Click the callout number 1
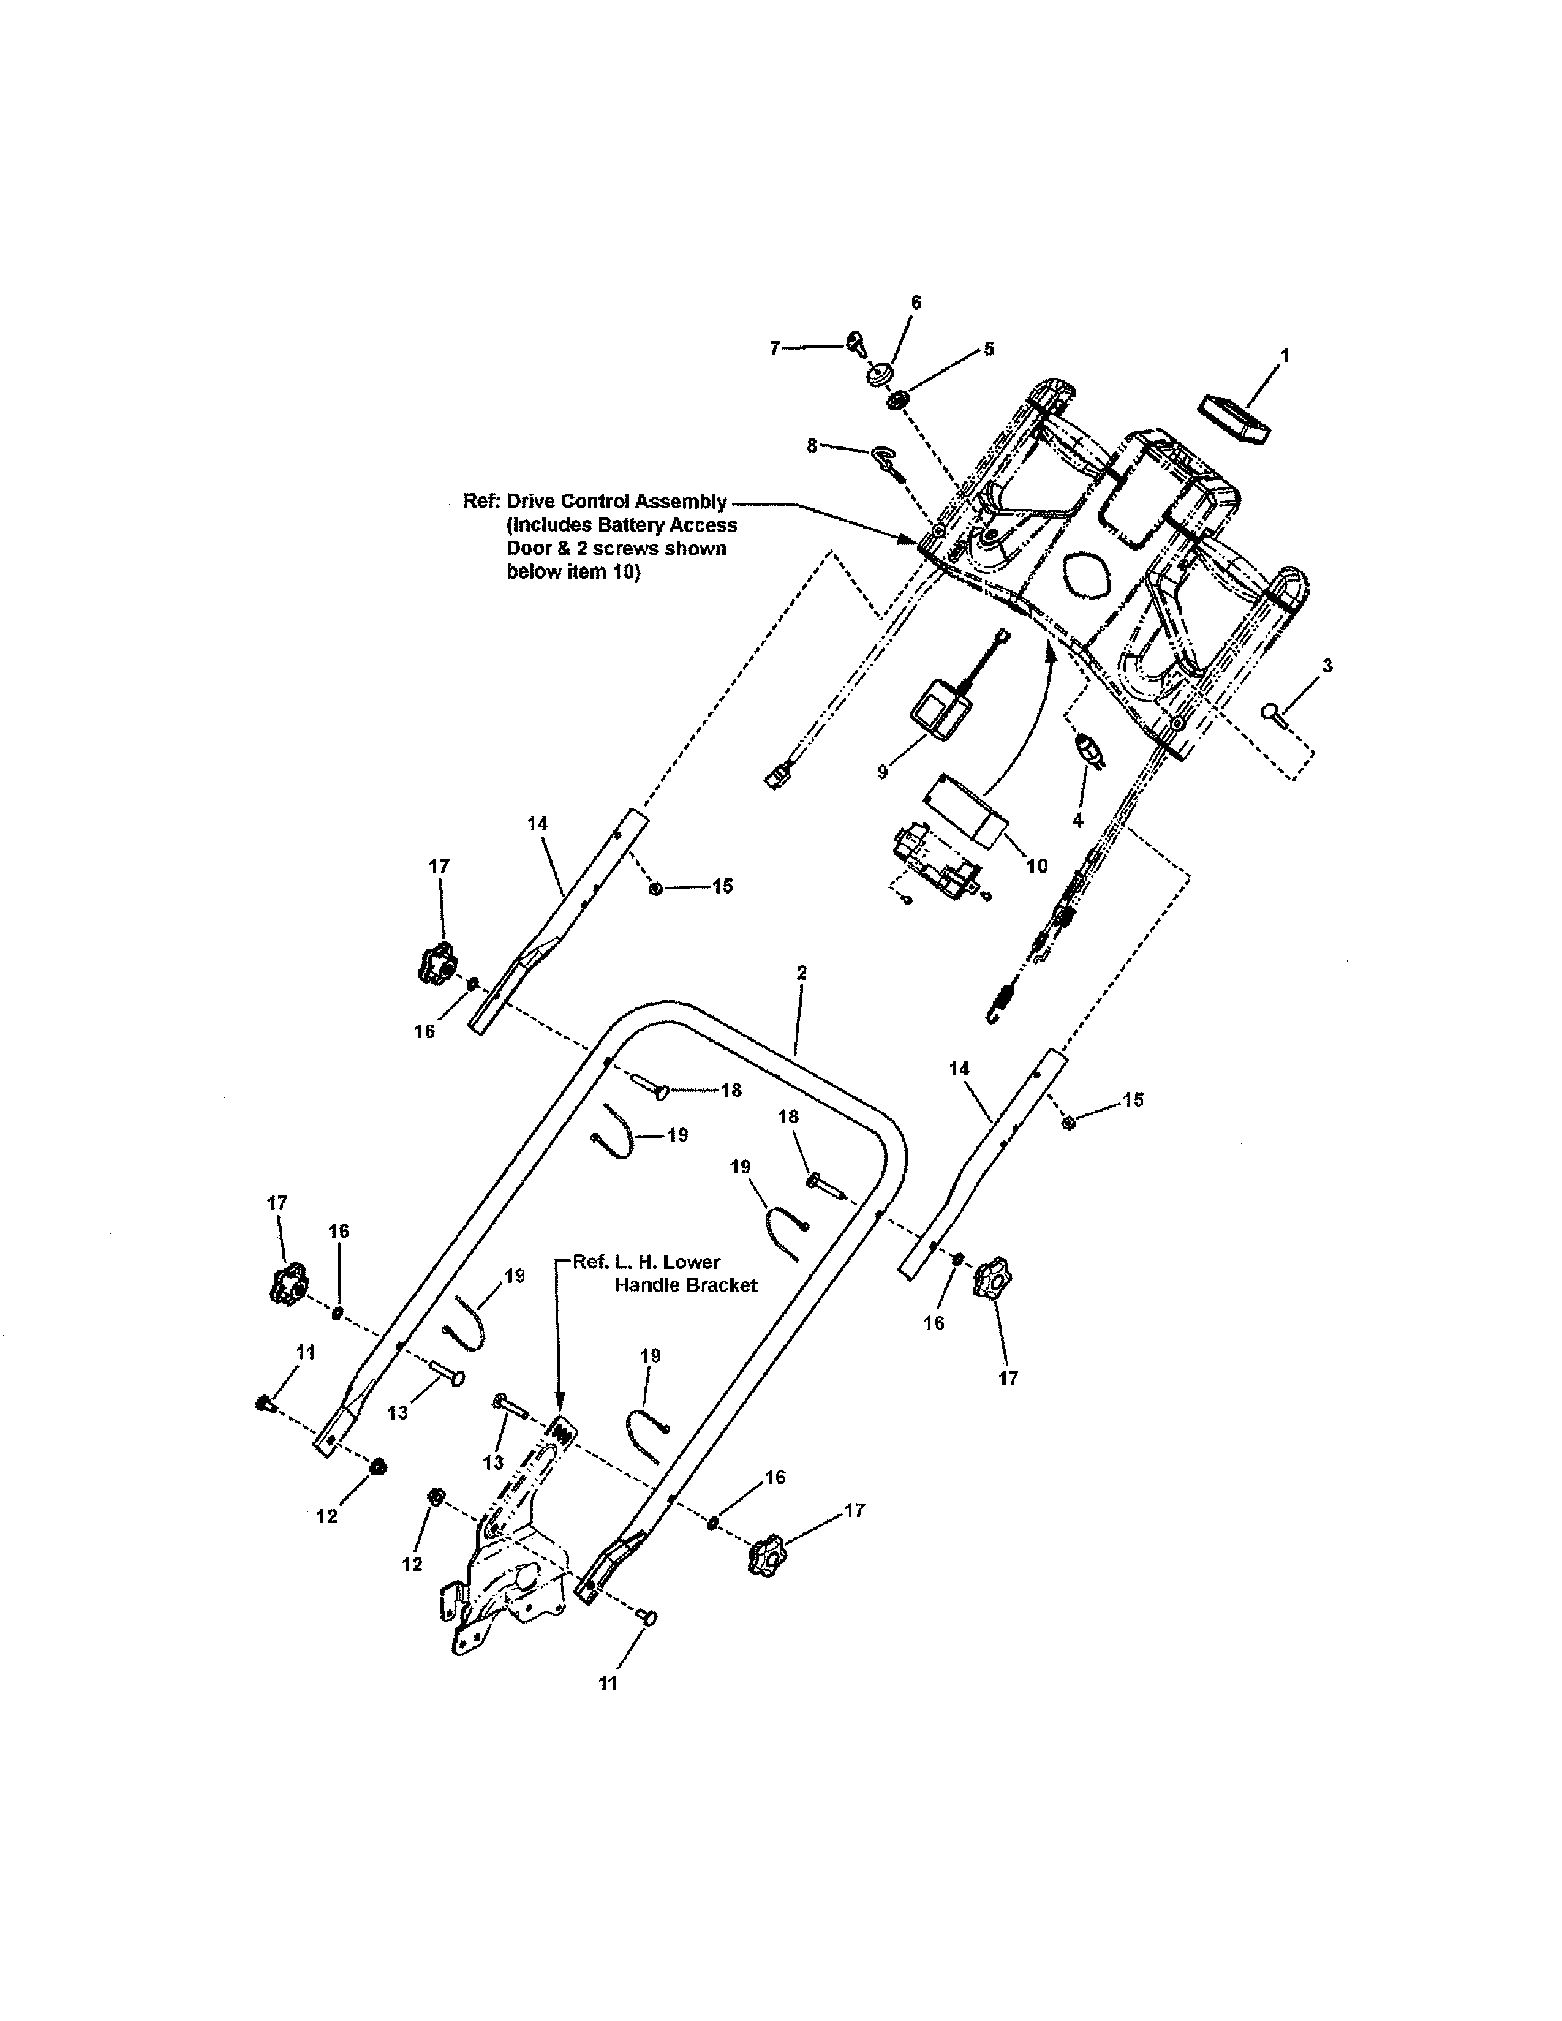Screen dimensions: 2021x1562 (x=1285, y=355)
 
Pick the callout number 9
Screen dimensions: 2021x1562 (x=883, y=771)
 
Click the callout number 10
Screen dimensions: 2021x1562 (x=1037, y=866)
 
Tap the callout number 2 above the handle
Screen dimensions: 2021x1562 (x=801, y=973)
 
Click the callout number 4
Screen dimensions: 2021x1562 (x=1077, y=820)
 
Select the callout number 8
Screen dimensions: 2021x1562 (x=812, y=446)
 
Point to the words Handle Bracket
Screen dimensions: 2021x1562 (x=685, y=1285)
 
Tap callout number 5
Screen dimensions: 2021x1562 (x=988, y=349)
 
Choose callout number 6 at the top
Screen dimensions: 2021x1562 (x=916, y=303)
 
